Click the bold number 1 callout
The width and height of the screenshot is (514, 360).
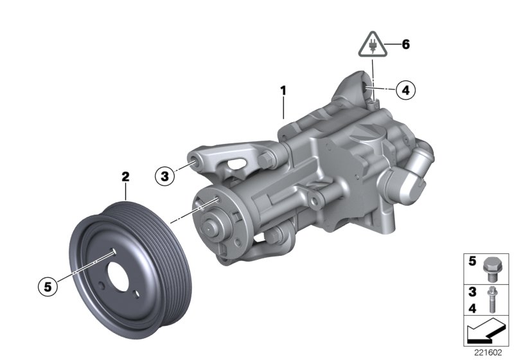pyautogui.click(x=283, y=92)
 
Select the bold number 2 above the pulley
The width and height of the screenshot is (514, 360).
pyautogui.click(x=126, y=175)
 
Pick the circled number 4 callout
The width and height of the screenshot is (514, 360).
pyautogui.click(x=405, y=90)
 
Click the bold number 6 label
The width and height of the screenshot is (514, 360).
pyautogui.click(x=405, y=45)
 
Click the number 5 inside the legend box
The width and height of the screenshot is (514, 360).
pyautogui.click(x=471, y=262)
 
